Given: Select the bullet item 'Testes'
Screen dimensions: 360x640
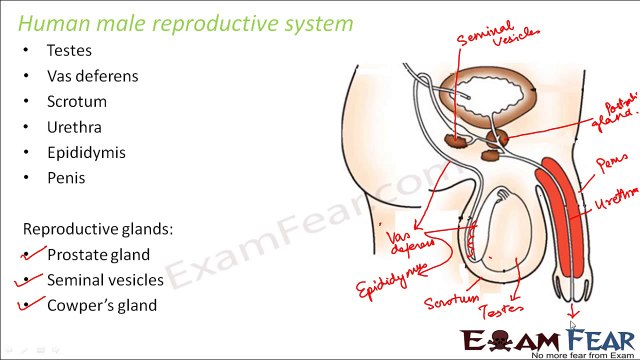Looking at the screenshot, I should point(68,50).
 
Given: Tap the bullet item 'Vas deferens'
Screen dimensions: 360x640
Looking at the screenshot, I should point(92,76).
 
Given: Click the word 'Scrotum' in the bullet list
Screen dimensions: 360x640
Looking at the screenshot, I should point(76,102).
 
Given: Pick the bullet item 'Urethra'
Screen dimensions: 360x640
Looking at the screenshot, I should point(73,128).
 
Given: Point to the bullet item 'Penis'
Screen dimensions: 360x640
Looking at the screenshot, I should point(65,179).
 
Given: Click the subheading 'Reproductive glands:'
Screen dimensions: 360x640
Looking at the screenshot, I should point(98,229).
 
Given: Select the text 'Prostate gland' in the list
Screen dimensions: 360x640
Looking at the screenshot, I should point(98,255).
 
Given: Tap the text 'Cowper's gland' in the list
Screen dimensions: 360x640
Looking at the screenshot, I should point(101,306).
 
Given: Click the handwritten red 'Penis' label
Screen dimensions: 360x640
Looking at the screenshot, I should point(611,163).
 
